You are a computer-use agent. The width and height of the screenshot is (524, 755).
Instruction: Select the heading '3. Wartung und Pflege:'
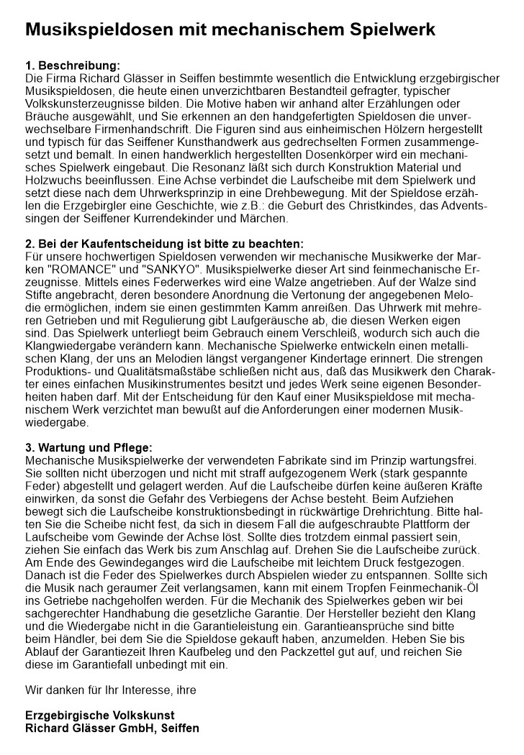coord(89,447)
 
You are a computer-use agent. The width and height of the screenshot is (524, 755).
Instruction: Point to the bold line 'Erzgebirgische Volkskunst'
coord(100,715)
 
